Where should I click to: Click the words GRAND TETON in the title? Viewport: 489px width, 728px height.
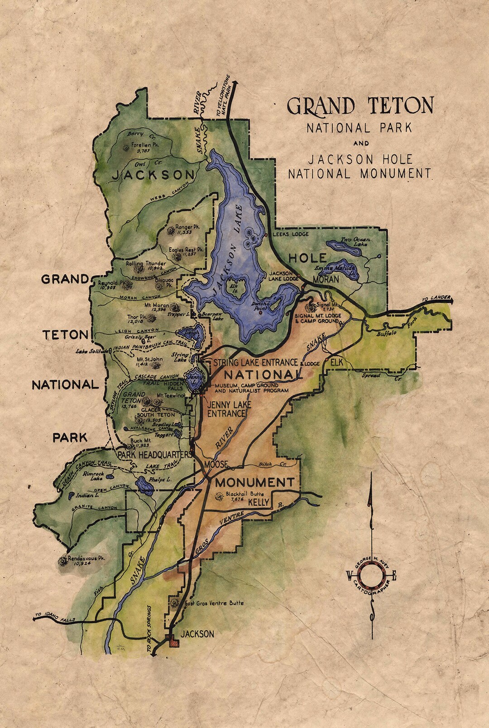tap(360, 106)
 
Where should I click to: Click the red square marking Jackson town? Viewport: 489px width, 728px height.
tap(172, 640)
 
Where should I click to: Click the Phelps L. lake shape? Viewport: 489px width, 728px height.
tap(145, 485)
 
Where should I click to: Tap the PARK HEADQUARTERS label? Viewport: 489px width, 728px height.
tap(153, 453)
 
